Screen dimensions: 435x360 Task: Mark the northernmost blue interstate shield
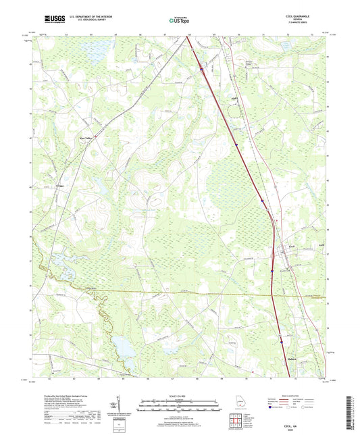point(202,67)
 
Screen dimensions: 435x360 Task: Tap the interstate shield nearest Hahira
point(280,342)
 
